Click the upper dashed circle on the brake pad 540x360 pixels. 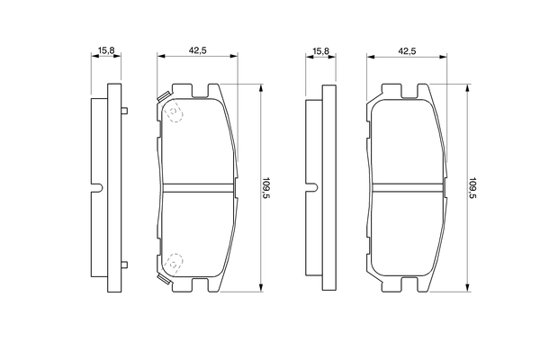click(174, 112)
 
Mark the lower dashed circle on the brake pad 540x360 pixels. click(174, 262)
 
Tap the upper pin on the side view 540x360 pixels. click(124, 112)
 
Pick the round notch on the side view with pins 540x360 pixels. click(99, 188)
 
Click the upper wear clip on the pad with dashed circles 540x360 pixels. click(162, 96)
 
